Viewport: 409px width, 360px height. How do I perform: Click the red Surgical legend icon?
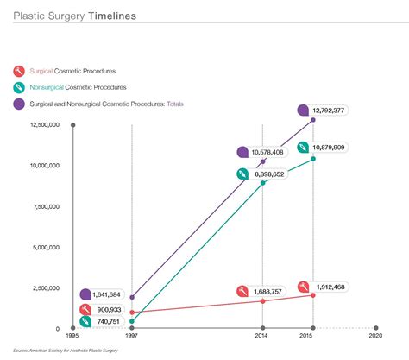click(x=18, y=71)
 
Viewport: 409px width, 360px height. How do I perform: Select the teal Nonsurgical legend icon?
click(x=18, y=87)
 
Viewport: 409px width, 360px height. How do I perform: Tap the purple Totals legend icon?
click(x=18, y=104)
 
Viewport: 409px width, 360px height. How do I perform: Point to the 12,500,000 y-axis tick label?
click(x=42, y=125)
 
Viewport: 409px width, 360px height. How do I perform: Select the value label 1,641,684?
click(x=112, y=295)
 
